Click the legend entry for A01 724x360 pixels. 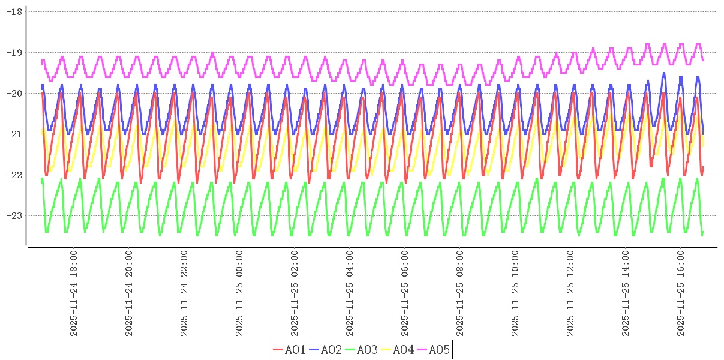point(290,350)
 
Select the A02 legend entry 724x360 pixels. point(326,350)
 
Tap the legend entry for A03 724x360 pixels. point(362,350)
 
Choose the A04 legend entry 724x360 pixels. point(398,350)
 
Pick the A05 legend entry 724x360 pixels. point(434,350)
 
